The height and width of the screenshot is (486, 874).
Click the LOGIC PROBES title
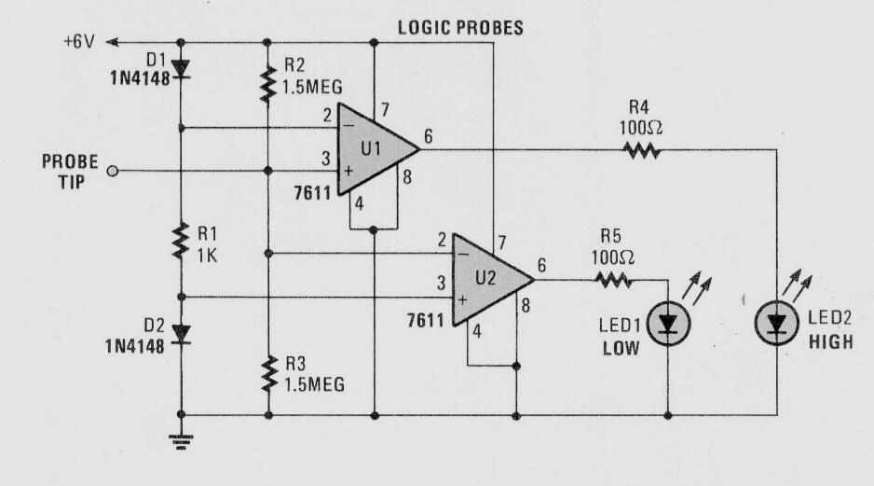tap(460, 27)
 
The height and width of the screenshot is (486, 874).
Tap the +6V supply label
tap(79, 42)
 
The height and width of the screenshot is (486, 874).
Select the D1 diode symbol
tap(181, 68)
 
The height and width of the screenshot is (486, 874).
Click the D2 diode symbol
tap(181, 334)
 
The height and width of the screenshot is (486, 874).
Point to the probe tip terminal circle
tap(113, 172)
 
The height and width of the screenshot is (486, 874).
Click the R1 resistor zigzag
tap(181, 241)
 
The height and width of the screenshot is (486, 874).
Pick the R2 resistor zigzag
tap(268, 84)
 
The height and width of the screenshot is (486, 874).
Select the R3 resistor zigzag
tap(268, 373)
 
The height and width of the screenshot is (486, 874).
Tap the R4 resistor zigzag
tap(642, 149)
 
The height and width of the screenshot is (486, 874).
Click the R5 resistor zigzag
tap(613, 280)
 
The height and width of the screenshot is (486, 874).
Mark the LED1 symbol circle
tap(668, 323)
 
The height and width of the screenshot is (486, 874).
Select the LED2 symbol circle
tap(777, 323)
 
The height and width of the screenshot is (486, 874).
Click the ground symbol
tap(181, 441)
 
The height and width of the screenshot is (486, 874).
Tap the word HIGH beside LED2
tap(830, 341)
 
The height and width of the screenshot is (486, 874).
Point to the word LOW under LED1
tap(621, 349)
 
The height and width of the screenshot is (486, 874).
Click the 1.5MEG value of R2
tap(312, 87)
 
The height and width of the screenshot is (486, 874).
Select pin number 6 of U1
tap(428, 136)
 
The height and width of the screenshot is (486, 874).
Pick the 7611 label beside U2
tap(426, 320)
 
